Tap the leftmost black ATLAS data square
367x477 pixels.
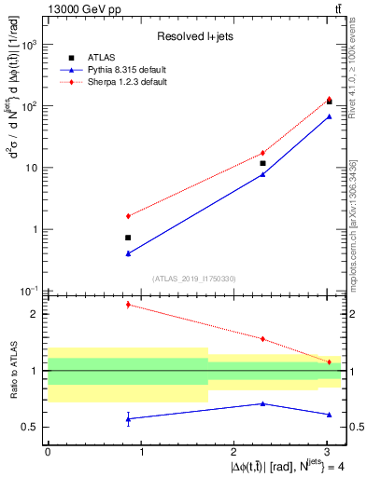tap(128, 238)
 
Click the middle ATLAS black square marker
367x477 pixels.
tap(263, 163)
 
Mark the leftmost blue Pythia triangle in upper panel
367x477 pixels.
tap(128, 253)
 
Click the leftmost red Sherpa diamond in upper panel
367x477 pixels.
tap(128, 216)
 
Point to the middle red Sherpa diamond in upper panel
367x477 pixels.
tap(263, 153)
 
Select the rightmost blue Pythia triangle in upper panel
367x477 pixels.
tap(329, 116)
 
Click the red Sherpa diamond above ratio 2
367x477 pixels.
tap(128, 305)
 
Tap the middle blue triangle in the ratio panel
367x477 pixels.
tap(263, 403)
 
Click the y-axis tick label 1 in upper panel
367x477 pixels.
tap(36, 229)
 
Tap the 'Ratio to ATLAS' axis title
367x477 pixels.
tap(11, 370)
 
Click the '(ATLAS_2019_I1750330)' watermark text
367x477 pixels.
tap(193, 278)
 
